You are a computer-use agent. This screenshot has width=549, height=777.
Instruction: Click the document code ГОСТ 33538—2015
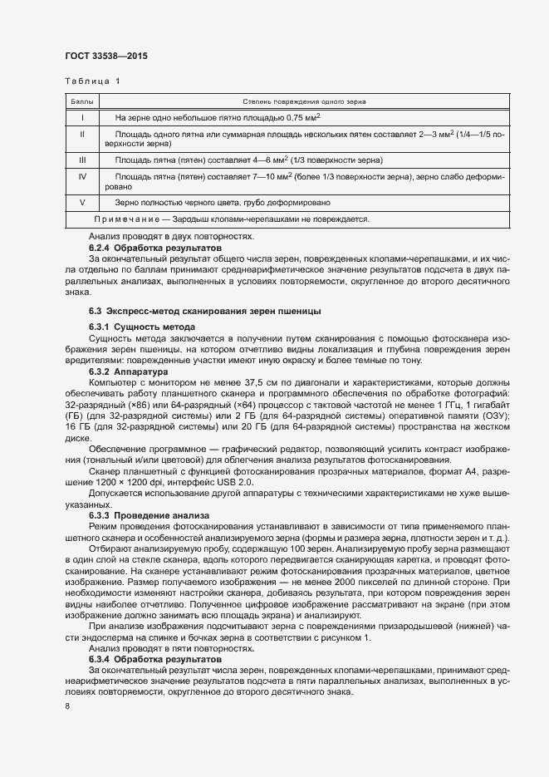[x=107, y=56]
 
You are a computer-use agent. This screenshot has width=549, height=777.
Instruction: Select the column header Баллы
[x=82, y=101]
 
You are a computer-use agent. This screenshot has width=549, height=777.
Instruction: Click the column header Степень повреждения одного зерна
[x=305, y=101]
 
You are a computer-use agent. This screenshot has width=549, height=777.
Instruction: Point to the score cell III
[x=82, y=160]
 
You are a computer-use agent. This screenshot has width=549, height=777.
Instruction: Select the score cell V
[x=82, y=203]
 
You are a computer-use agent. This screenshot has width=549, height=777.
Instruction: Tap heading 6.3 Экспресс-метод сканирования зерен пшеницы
[x=205, y=311]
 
